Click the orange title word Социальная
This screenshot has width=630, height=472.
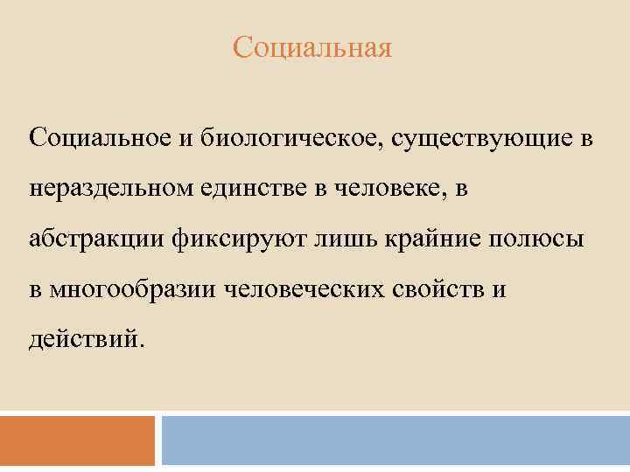[x=312, y=46]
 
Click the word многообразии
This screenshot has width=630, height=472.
[x=132, y=289]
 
